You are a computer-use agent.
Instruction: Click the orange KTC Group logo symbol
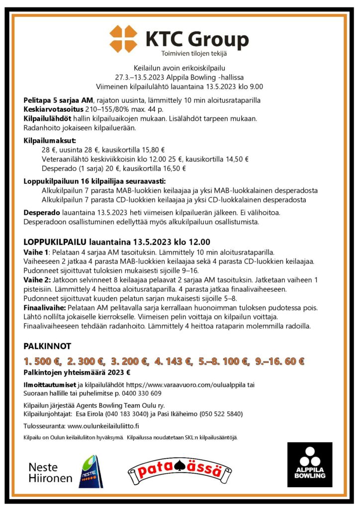point(123,39)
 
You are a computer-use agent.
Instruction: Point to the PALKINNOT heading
point(48,346)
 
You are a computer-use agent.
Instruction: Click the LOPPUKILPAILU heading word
point(55,242)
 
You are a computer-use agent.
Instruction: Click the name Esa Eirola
point(94,414)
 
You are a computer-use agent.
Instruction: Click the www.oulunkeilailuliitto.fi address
point(103,426)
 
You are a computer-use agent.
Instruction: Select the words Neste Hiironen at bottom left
point(50,473)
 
